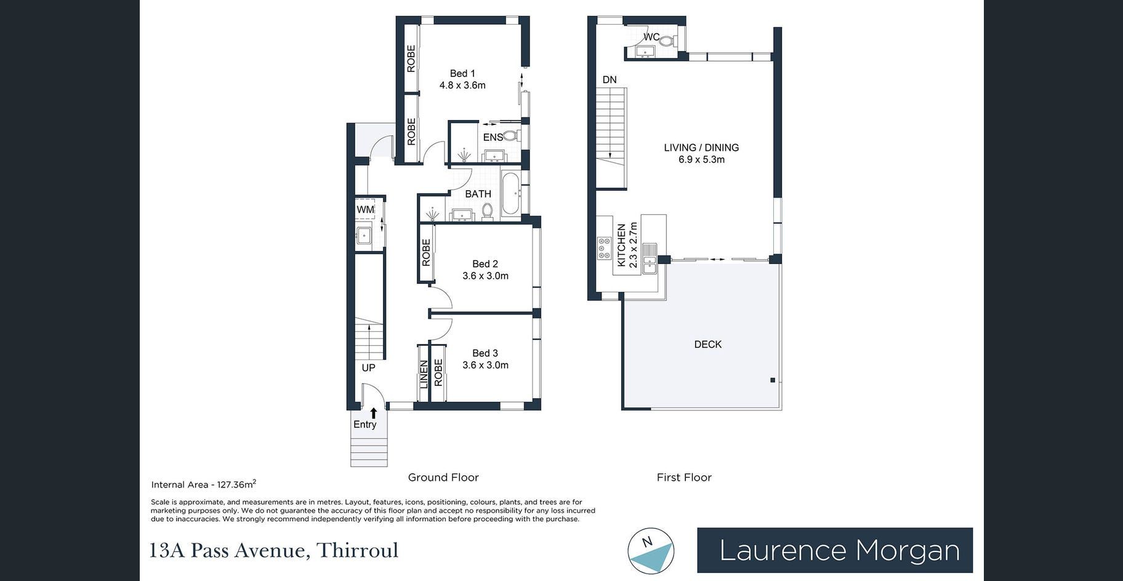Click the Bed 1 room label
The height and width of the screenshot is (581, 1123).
[x=462, y=74]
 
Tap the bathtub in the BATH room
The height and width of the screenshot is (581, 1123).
[x=510, y=194]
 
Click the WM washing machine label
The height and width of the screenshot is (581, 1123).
[x=365, y=209]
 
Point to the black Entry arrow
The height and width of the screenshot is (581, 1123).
[x=373, y=413]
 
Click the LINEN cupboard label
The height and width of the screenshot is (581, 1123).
[x=424, y=374]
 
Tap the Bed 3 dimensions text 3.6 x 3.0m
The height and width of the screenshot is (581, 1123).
[x=485, y=365]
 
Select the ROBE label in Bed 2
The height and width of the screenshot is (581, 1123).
[x=426, y=252]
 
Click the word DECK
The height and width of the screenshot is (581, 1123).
[x=708, y=345]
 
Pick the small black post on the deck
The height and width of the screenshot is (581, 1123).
[x=773, y=380]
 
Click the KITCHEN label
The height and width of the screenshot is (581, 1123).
[x=621, y=245]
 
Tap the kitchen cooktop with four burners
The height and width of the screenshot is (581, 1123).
[x=604, y=248]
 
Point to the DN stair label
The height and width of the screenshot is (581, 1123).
[x=610, y=79]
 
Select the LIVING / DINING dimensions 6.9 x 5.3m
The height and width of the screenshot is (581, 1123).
[x=701, y=159]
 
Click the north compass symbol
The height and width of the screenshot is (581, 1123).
[x=651, y=551]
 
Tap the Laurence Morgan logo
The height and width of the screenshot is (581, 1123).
[x=835, y=550]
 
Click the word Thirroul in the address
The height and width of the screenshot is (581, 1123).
[x=357, y=550]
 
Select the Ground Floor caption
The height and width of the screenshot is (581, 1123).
[x=443, y=477]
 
